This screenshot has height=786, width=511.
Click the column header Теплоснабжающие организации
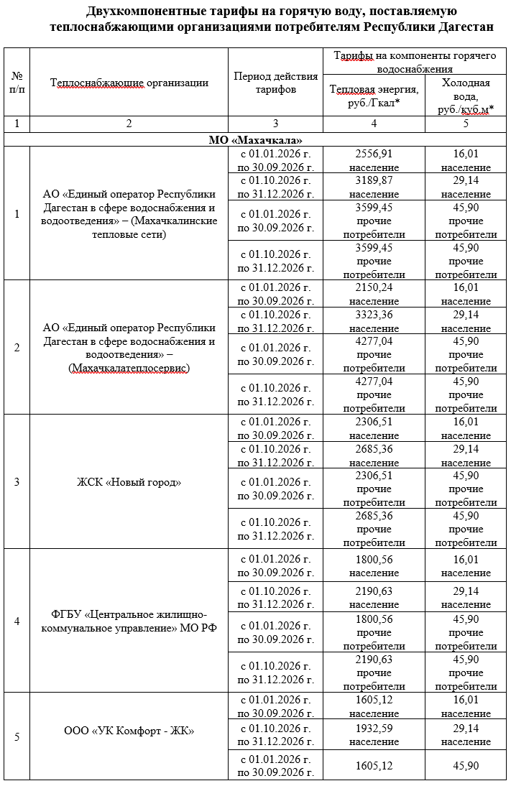tap(129, 83)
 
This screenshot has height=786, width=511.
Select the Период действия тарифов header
tap(275, 83)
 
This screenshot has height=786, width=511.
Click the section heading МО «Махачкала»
tap(255, 139)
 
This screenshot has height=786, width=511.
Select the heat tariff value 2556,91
tap(374, 154)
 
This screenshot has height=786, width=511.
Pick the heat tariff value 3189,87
tap(374, 180)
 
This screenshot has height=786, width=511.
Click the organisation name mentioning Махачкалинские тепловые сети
tap(129, 214)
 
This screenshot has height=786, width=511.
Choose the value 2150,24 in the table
tap(374, 287)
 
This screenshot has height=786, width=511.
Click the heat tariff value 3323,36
tap(374, 315)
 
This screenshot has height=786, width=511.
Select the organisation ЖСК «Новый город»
tap(129, 481)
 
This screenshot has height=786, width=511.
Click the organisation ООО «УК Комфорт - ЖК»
tap(129, 731)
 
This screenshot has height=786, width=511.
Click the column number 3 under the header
tap(275, 124)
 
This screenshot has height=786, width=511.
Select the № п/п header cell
tap(17, 83)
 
